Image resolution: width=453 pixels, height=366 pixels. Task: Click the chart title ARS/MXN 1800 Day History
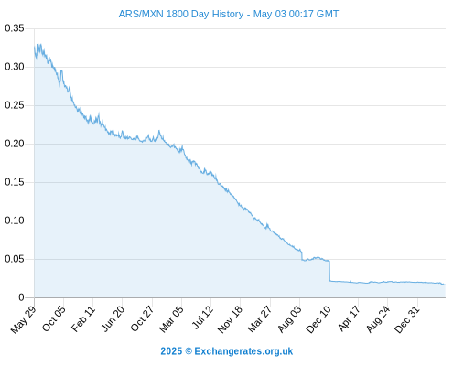pyautogui.click(x=181, y=14)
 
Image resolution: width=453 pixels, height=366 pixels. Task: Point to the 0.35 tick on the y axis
pyautogui.click(x=15, y=28)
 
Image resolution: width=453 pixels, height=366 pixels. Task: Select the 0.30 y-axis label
pyautogui.click(x=15, y=67)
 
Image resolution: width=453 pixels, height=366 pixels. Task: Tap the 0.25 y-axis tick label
pyautogui.click(x=15, y=105)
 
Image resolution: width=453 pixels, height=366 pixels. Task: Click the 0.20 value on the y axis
pyautogui.click(x=15, y=144)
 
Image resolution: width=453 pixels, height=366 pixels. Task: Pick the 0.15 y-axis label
pyautogui.click(x=15, y=182)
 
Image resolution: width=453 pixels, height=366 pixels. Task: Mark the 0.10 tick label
pyautogui.click(x=15, y=221)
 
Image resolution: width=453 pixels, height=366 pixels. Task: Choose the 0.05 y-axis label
pyautogui.click(x=15, y=259)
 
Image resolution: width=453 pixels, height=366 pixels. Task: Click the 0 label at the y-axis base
pyautogui.click(x=21, y=297)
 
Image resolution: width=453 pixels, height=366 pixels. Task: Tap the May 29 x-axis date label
pyautogui.click(x=24, y=319)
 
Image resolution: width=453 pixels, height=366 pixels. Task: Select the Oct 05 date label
pyautogui.click(x=54, y=318)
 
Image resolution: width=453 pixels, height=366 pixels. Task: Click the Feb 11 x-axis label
pyautogui.click(x=83, y=319)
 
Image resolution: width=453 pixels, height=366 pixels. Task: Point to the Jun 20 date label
pyautogui.click(x=113, y=318)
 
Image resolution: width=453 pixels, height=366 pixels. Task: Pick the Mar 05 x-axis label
pyautogui.click(x=171, y=319)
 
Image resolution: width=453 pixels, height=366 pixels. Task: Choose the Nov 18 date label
pyautogui.click(x=230, y=319)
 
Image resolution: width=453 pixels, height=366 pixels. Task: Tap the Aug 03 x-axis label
pyautogui.click(x=289, y=319)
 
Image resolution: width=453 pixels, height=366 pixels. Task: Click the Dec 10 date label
pyautogui.click(x=318, y=319)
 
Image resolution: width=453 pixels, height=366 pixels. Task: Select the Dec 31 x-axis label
pyautogui.click(x=407, y=319)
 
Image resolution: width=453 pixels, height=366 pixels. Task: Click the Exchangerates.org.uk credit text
pyautogui.click(x=243, y=351)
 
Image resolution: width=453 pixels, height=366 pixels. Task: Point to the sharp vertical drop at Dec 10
pyautogui.click(x=329, y=271)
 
